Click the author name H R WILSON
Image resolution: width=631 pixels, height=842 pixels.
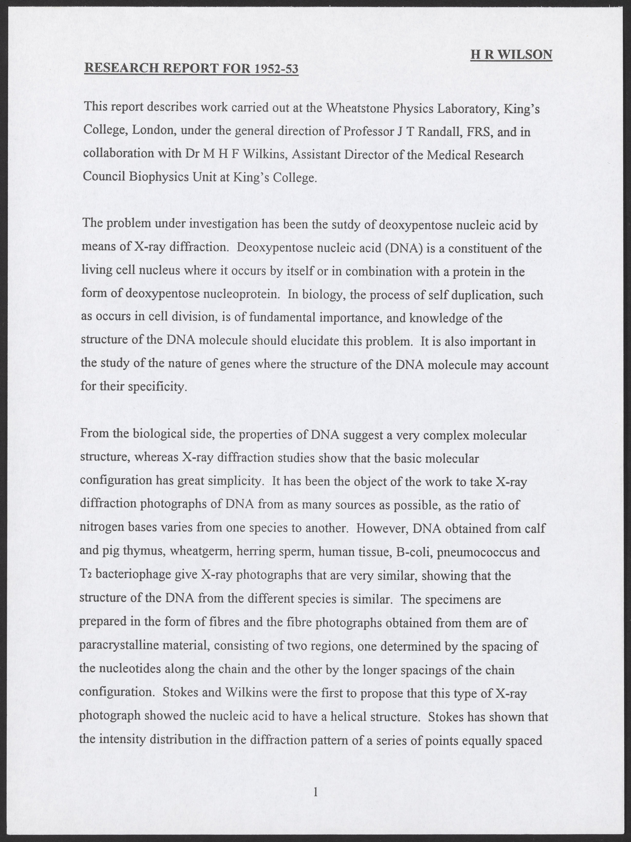[x=511, y=55]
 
